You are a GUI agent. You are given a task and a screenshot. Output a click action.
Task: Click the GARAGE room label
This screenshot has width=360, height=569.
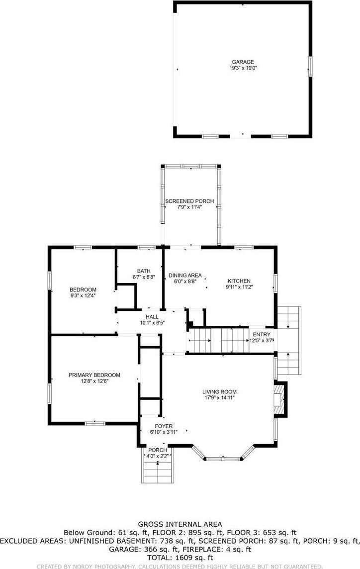pyautogui.click(x=243, y=62)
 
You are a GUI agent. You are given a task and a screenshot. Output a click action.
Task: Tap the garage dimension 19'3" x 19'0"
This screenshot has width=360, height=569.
pyautogui.click(x=243, y=68)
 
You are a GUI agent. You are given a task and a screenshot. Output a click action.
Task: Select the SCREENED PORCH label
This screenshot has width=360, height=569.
pyautogui.click(x=189, y=201)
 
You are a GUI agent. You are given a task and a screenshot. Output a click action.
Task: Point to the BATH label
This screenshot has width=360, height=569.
pyautogui.click(x=144, y=271)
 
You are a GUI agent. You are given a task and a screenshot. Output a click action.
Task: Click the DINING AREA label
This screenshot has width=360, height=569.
pyautogui.click(x=185, y=276)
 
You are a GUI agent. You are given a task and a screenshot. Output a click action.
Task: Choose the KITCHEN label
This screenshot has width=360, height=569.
pyautogui.click(x=239, y=281)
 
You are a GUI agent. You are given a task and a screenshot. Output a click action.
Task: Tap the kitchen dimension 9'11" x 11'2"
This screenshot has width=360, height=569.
pyautogui.click(x=239, y=286)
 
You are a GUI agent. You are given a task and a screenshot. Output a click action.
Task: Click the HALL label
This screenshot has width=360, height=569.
pyautogui.click(x=152, y=317)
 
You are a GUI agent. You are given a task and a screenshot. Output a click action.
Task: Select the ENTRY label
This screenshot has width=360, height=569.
pyautogui.click(x=262, y=335)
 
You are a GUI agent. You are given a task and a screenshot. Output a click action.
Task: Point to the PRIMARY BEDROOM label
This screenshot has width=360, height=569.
pyautogui.click(x=94, y=375)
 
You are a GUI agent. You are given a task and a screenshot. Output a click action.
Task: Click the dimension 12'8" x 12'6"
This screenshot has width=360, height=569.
pyautogui.click(x=94, y=381)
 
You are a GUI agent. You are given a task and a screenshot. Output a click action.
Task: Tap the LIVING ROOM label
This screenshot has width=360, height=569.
pyautogui.click(x=219, y=391)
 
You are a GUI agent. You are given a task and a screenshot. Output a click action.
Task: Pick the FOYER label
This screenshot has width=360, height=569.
pyautogui.click(x=164, y=426)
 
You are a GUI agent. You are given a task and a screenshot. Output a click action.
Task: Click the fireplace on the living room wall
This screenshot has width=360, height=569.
pyautogui.click(x=280, y=399)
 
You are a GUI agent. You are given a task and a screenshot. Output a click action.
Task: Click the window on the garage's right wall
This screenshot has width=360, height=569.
pyautogui.click(x=310, y=67)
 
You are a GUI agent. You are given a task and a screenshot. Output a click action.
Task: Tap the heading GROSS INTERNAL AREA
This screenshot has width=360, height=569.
pyautogui.click(x=180, y=524)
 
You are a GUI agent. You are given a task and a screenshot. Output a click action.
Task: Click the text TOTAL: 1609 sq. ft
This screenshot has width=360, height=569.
pyautogui.click(x=180, y=558)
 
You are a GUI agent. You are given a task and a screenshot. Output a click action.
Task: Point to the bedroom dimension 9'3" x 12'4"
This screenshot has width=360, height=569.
pyautogui.click(x=83, y=295)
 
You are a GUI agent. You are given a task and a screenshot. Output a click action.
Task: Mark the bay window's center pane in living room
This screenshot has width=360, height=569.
pyautogui.click(x=223, y=459)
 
